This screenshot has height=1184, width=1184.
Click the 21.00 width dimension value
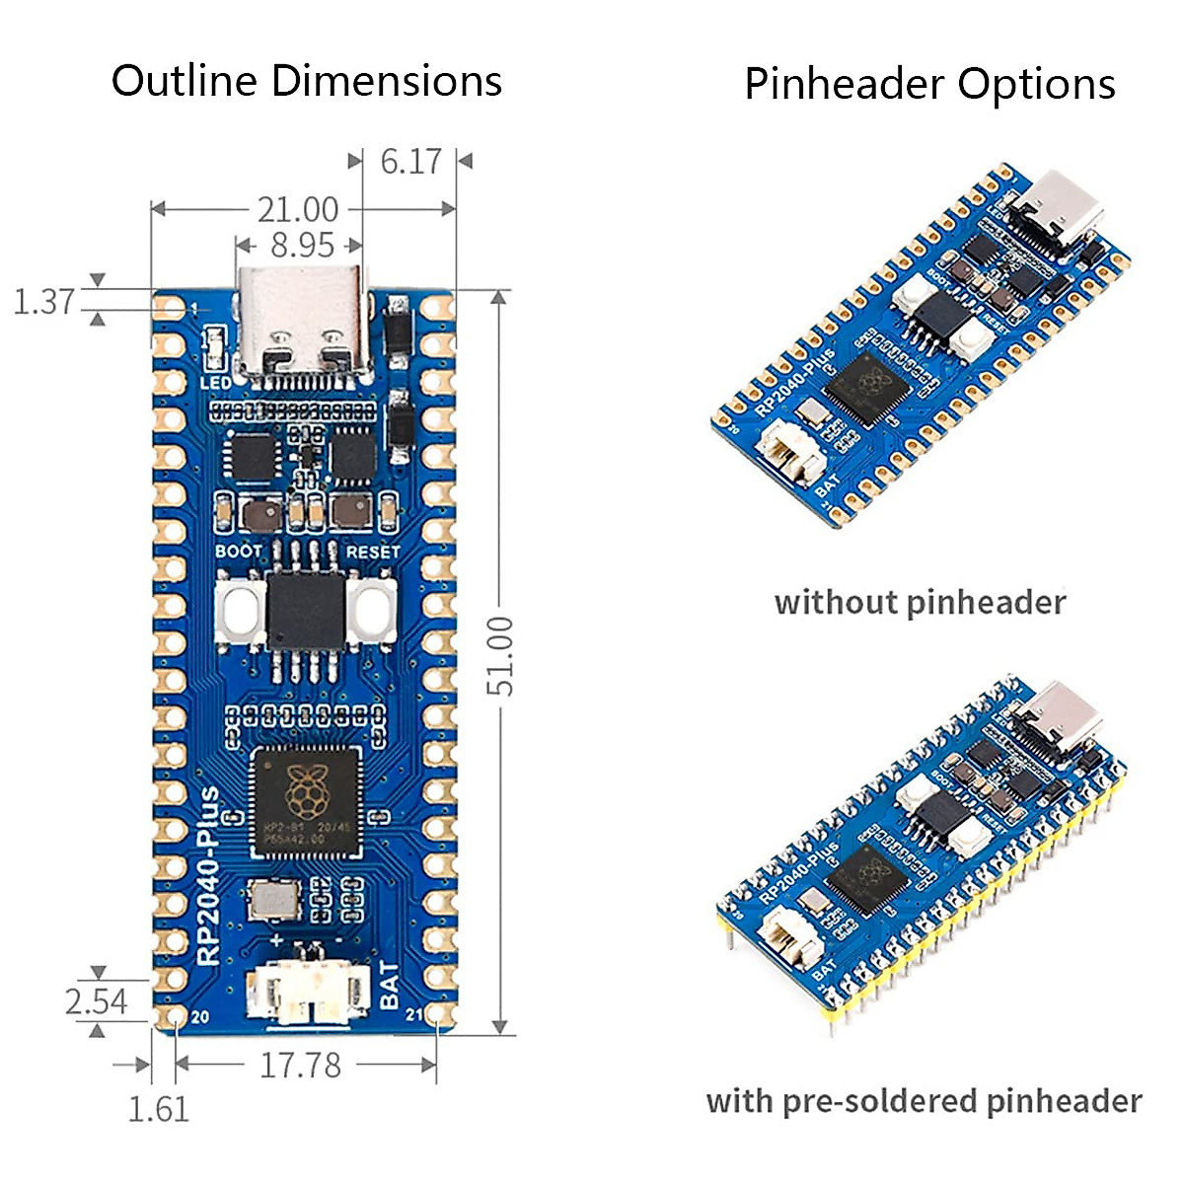point(298,209)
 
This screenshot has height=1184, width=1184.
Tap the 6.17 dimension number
point(410,162)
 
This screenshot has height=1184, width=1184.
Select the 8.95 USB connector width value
point(302,245)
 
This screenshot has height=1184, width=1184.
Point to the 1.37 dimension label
point(44,301)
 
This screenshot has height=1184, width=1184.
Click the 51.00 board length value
point(500,655)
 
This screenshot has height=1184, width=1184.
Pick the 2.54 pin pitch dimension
point(96,1001)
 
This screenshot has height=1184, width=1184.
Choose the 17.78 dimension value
point(300,1066)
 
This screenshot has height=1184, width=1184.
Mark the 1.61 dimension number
point(158,1109)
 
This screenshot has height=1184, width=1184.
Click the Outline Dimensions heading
point(306,81)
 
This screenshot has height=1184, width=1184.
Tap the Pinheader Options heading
point(929,84)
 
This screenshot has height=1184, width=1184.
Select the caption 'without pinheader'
point(920,602)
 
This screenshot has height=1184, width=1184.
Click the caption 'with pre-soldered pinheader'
point(924,1100)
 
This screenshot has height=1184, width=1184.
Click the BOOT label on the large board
point(239,551)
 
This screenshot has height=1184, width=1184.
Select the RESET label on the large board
point(373,552)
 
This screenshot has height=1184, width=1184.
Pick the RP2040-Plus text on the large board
point(209,876)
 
